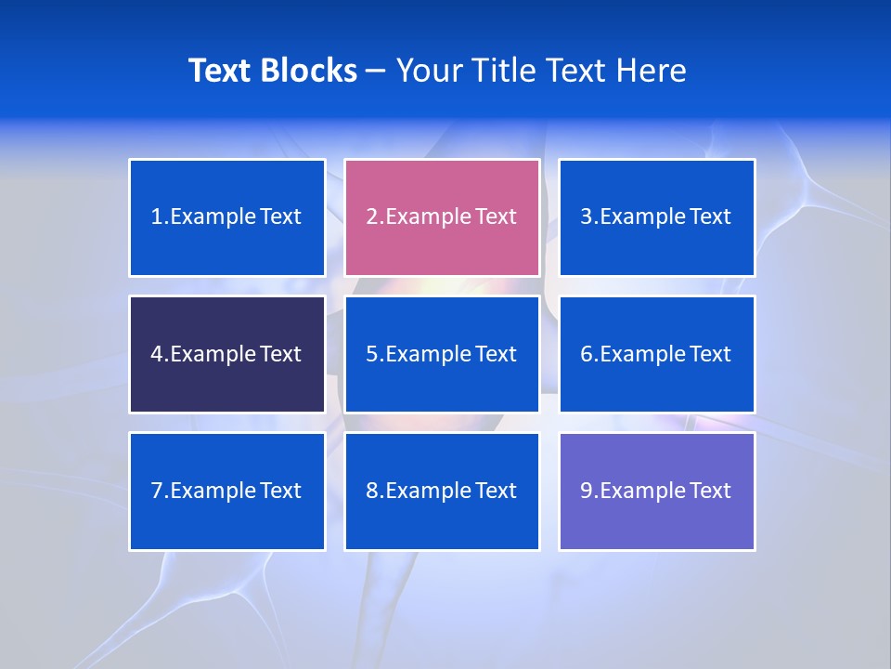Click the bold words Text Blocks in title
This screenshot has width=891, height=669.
[273, 71]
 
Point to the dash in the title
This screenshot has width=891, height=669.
[376, 72]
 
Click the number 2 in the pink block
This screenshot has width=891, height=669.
[371, 216]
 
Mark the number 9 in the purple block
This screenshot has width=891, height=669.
[587, 491]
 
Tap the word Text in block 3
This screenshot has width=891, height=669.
[711, 216]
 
